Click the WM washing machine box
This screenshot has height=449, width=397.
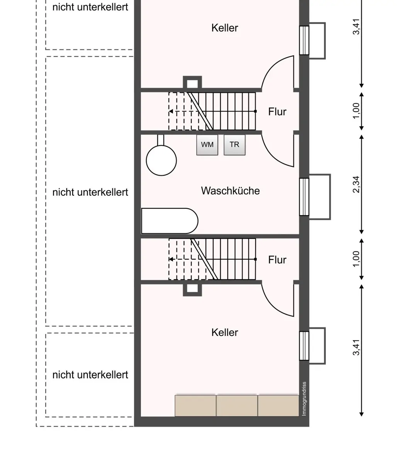pos(207,145)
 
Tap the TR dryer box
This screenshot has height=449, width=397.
pos(234,145)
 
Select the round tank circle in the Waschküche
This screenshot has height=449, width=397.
pos(161,160)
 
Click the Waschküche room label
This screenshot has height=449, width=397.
pos(230,191)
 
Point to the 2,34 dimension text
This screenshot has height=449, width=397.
pos(356,185)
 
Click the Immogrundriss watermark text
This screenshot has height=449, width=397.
pos(304,398)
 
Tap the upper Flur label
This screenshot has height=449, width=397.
pos(277,112)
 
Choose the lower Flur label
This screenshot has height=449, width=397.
pos(277,260)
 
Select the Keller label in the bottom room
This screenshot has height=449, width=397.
pos(224,332)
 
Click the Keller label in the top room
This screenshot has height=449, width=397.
pos(224,28)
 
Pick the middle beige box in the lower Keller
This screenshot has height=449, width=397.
pos(237,405)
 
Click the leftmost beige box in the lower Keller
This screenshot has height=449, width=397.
pos(195,405)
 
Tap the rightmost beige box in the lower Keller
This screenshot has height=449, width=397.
pos(278,405)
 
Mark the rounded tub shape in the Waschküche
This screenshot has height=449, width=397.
pos(170,221)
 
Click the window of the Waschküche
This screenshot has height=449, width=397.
pos(304,197)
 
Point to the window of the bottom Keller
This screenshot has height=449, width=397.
pos(304,346)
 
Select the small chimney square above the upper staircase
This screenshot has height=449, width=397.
pos(192,83)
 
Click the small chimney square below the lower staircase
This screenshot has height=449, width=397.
pos(192,290)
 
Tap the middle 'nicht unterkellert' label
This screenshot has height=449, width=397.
pos(90,192)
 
